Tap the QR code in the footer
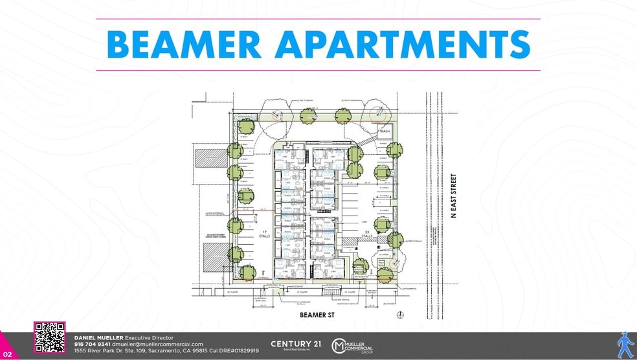(49, 337)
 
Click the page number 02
(7, 354)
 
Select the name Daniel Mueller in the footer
(98, 338)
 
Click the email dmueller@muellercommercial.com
(153, 344)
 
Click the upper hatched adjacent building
(207, 160)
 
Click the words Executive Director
(150, 338)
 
